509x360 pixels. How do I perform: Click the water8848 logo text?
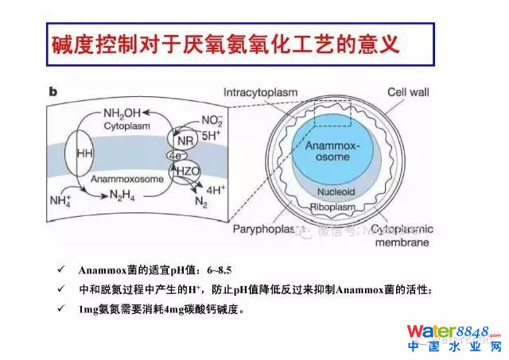coord(454,331)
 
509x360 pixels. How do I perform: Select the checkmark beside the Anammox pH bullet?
coord(64,270)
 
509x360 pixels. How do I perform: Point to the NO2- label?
coord(212,118)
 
